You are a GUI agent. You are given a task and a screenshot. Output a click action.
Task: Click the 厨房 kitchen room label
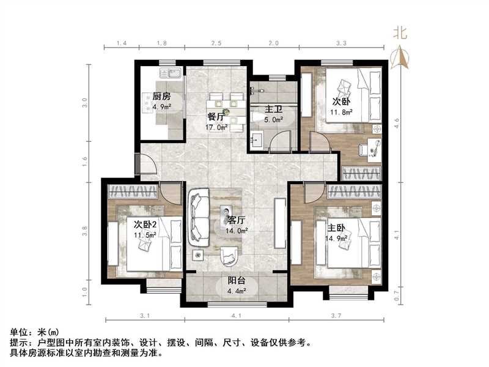click(161, 97)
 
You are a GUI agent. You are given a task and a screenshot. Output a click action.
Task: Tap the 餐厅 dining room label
click(216, 117)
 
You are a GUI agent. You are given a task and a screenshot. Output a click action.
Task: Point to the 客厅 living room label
click(236, 220)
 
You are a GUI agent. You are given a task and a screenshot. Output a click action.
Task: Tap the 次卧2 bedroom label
click(146, 224)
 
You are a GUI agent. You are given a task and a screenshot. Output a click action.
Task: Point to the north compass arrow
click(402, 59)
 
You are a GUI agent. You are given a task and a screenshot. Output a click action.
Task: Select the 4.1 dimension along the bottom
click(236, 316)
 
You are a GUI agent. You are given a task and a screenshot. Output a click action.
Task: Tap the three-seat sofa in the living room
click(199, 218)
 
